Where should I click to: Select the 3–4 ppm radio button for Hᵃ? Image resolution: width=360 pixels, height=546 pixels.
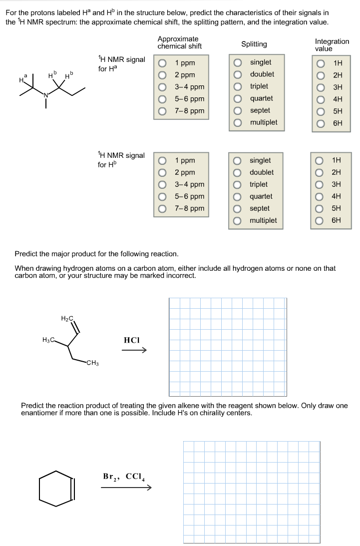click(162, 87)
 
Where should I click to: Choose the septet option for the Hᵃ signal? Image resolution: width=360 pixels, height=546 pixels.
click(239, 110)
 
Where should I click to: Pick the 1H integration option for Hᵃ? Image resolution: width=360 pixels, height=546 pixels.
click(321, 63)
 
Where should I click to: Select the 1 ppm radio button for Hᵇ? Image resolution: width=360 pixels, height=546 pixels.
click(162, 161)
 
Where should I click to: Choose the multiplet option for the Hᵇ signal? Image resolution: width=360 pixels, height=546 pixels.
click(239, 220)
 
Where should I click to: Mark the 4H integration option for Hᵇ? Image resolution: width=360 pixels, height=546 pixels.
click(321, 196)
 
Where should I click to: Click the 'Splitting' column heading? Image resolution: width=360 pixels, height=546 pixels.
click(254, 44)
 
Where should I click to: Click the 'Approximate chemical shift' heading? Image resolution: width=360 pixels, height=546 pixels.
click(179, 42)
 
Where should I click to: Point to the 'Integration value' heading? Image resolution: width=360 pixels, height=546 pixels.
click(332, 45)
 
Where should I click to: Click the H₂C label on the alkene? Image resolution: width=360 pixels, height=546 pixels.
click(67, 318)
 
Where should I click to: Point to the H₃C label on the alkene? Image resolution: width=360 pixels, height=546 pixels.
click(49, 340)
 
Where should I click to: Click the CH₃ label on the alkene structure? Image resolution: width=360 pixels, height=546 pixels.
click(92, 363)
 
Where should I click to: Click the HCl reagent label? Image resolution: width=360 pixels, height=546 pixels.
click(131, 340)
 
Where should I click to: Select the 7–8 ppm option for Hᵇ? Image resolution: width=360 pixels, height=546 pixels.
click(162, 208)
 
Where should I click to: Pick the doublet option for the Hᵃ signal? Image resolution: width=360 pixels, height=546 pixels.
click(239, 74)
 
